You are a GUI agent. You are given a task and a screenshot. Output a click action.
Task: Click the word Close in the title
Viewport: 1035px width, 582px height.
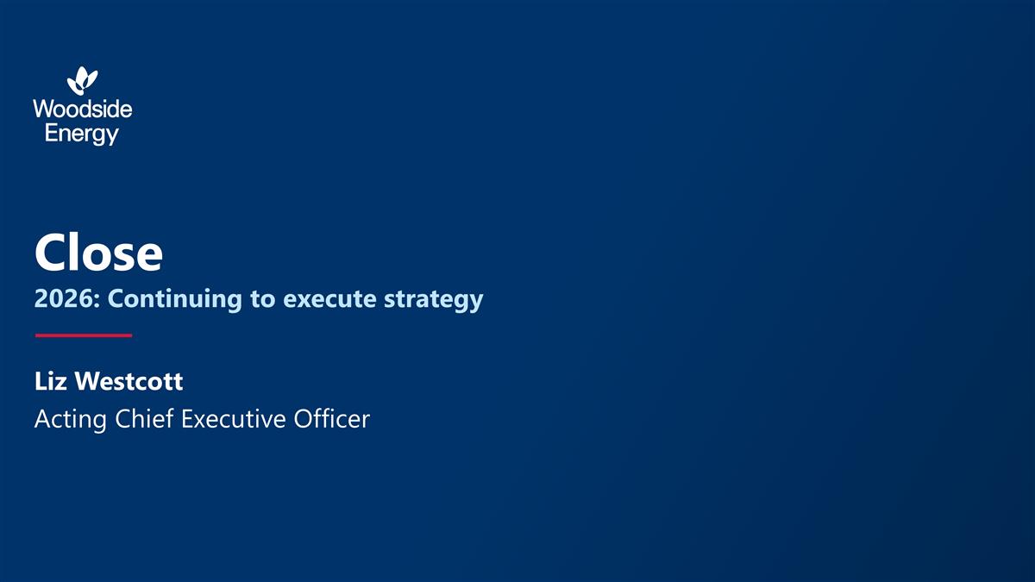pyautogui.click(x=98, y=253)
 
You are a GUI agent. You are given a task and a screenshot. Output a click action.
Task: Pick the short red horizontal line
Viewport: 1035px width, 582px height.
pyautogui.click(x=83, y=335)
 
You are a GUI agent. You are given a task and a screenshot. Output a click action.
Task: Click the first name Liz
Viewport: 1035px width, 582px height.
pyautogui.click(x=51, y=380)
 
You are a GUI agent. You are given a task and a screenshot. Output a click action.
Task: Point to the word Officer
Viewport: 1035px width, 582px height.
pyautogui.click(x=332, y=419)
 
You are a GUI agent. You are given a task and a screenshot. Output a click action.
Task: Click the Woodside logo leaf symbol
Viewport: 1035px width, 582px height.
pyautogui.click(x=83, y=81)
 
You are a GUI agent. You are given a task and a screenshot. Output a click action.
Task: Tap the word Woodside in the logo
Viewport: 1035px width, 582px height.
pyautogui.click(x=83, y=110)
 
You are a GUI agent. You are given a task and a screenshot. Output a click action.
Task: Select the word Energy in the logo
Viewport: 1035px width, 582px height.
pyautogui.click(x=82, y=134)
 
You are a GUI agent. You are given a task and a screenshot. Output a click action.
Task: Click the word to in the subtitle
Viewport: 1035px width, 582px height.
pyautogui.click(x=264, y=299)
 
